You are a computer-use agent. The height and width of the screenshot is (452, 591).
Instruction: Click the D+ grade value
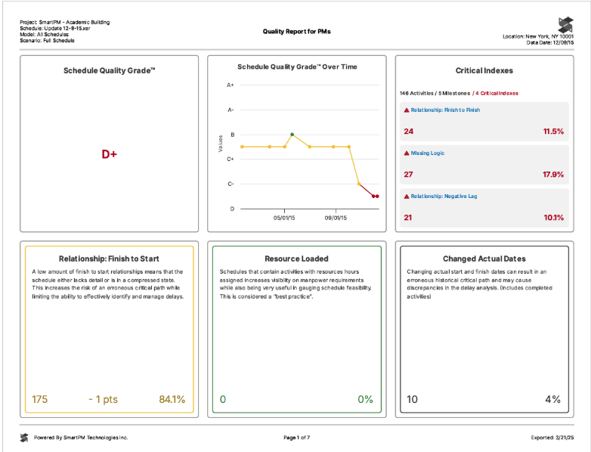coord(110,154)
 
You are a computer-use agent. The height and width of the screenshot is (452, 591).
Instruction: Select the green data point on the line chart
coord(292,135)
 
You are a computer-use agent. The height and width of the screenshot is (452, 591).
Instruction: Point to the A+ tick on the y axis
coord(231,85)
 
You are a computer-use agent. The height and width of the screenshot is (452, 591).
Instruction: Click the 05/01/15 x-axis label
coord(284,218)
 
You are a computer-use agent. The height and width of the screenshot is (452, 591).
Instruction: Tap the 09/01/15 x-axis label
coord(336,218)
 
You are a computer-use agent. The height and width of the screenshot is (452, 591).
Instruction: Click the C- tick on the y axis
coord(231,184)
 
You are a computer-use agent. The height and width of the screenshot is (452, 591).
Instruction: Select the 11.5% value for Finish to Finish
coord(553,132)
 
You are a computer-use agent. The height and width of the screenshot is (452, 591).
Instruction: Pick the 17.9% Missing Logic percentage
coord(552,175)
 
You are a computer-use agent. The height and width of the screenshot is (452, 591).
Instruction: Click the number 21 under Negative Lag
coord(408,218)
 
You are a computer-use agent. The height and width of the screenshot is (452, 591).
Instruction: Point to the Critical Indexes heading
coord(484,70)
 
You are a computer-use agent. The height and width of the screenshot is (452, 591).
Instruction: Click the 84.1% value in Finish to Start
coord(172,399)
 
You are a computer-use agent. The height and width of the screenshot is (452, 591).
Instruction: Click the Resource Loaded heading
coord(296,259)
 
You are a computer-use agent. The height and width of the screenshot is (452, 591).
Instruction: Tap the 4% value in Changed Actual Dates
coord(554,399)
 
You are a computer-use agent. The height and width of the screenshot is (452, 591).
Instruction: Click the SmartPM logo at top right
coord(565,24)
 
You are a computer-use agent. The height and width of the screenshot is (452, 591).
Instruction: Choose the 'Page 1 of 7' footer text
coord(296,438)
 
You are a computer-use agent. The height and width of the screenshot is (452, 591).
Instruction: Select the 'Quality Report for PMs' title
coord(296,32)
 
